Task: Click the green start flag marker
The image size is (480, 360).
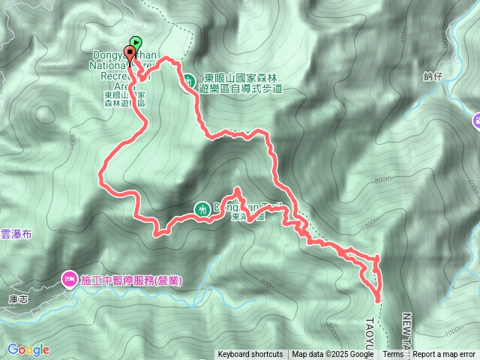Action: point(136,43)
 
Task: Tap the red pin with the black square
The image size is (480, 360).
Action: point(130,53)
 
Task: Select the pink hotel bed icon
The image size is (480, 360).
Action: point(69,280)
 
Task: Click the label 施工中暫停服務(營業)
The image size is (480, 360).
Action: point(130,280)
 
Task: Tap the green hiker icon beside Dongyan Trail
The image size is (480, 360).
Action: point(202,209)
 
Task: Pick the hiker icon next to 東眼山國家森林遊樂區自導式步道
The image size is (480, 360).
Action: point(190,79)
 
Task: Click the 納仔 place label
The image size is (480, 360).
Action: point(433,76)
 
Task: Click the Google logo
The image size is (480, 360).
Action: point(28,349)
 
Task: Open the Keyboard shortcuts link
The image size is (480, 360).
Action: point(250,355)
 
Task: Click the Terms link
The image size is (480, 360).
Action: point(393,355)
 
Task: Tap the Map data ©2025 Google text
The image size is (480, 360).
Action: point(332,355)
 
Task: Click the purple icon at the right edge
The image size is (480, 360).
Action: point(477,120)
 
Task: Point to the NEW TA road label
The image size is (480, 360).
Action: point(407,329)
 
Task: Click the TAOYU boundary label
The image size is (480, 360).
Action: point(371,329)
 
